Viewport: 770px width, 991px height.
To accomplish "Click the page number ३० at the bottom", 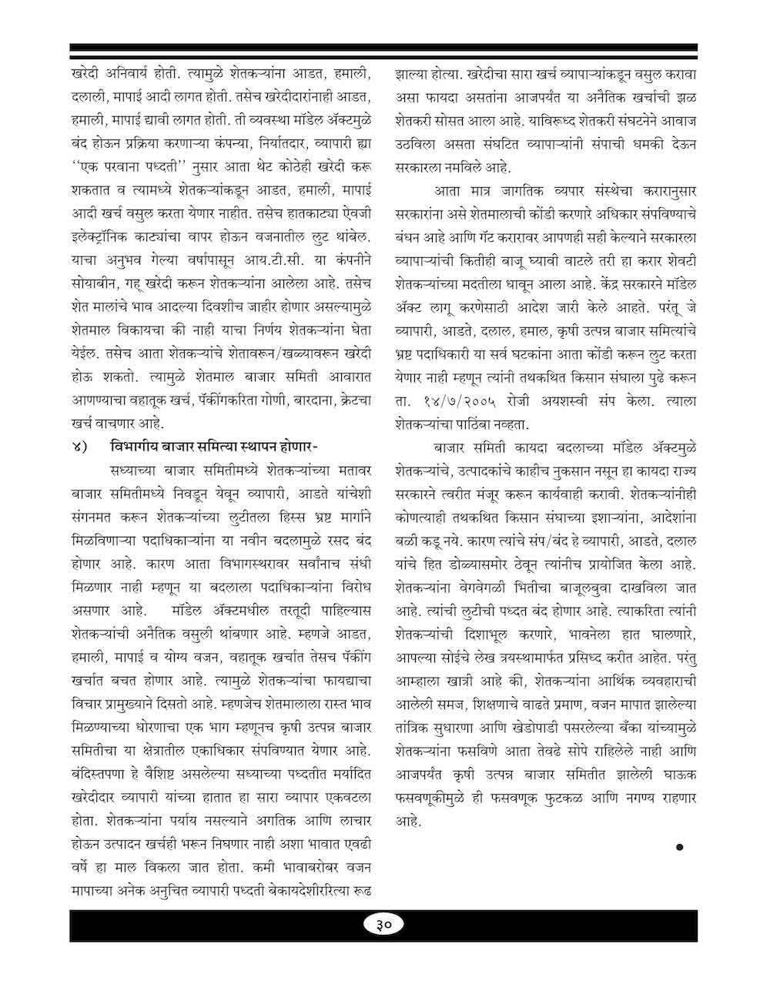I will pos(385,924).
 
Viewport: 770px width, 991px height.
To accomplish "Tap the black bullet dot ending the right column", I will pos(679,847).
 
